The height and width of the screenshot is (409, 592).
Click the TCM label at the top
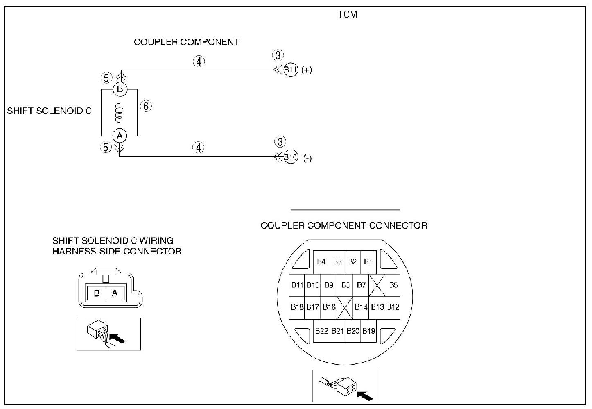click(348, 15)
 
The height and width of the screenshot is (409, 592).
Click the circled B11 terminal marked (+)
click(290, 70)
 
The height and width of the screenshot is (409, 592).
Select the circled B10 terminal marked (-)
click(290, 157)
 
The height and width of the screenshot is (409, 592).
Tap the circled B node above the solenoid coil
click(120, 89)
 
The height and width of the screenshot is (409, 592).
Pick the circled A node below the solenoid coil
click(120, 136)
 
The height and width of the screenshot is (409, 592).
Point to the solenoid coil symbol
click(119, 113)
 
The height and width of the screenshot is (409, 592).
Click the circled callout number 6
click(146, 106)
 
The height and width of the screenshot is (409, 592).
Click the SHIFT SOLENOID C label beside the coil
click(50, 111)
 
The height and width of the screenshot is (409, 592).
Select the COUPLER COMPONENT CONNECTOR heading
click(344, 225)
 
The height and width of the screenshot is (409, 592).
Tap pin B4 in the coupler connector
click(321, 262)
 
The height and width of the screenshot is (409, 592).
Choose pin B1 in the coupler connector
click(368, 262)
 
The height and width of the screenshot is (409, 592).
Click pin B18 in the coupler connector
click(297, 307)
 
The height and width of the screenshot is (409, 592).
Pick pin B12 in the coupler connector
click(393, 307)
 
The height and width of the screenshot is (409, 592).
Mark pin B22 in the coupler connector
click(321, 331)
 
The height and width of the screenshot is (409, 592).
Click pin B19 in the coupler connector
click(368, 331)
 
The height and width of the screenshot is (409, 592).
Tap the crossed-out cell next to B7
click(377, 285)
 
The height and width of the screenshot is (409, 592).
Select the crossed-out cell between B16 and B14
click(345, 307)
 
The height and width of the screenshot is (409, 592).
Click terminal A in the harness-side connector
click(115, 293)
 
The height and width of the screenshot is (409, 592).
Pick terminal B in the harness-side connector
click(97, 293)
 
